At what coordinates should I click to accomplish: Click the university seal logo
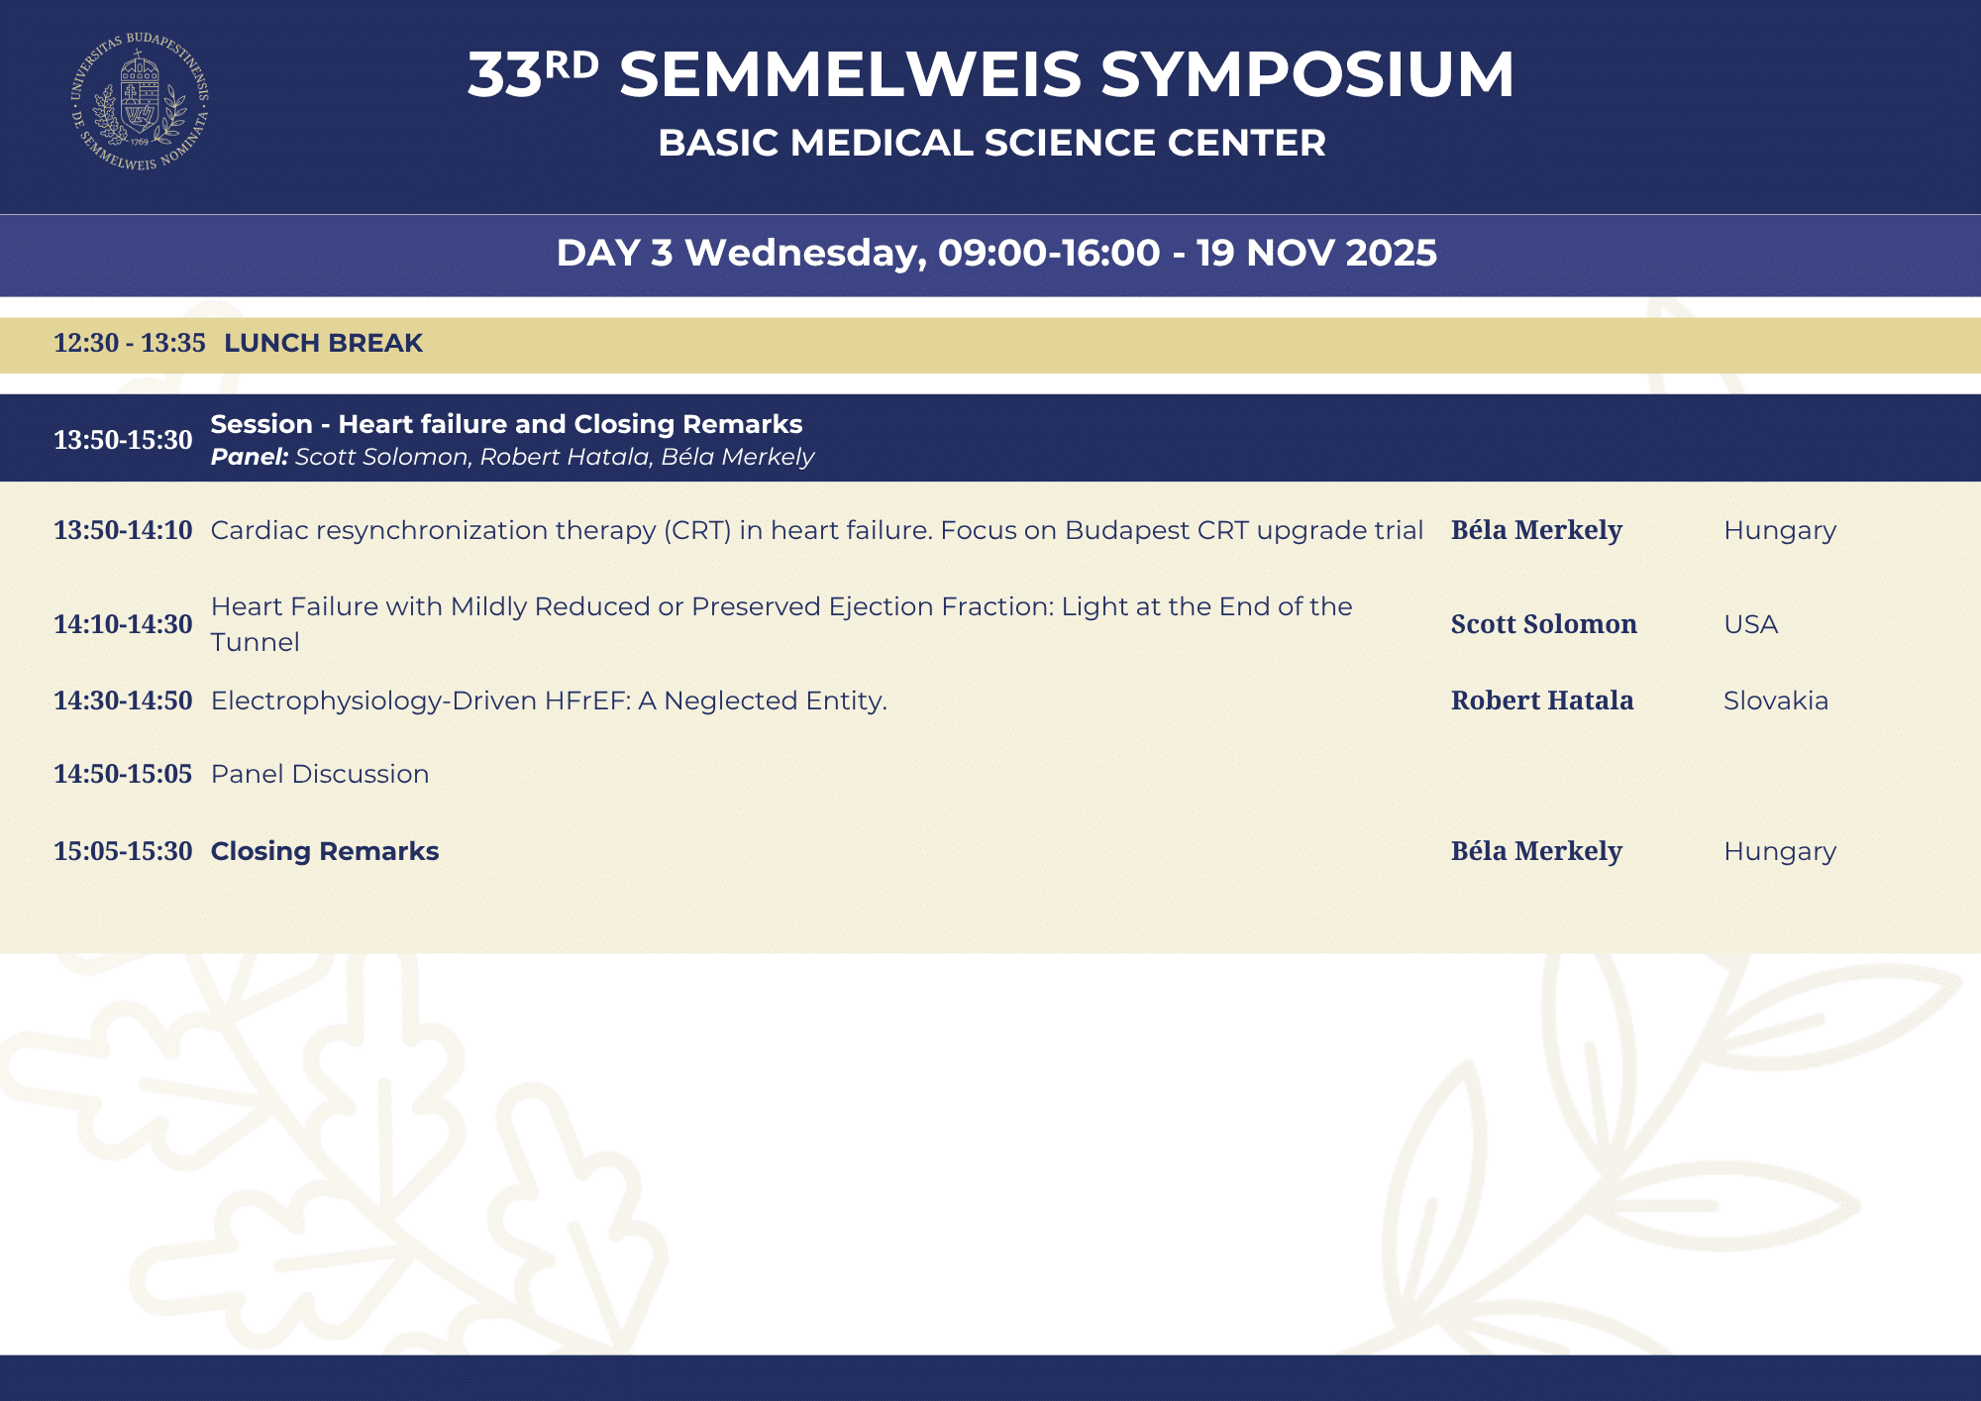point(140,101)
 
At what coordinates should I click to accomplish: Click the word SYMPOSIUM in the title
point(1307,74)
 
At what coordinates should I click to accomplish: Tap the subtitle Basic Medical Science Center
point(991,143)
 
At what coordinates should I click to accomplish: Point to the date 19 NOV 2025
point(1316,253)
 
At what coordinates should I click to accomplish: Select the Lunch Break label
point(323,343)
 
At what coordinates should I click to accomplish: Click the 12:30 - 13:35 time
point(130,343)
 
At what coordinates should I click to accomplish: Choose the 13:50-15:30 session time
point(123,440)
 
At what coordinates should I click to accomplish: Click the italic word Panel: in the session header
point(250,457)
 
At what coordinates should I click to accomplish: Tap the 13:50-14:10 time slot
point(123,530)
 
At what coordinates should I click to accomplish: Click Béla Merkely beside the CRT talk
point(1536,530)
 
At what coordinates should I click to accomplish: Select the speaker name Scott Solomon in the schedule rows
point(1543,624)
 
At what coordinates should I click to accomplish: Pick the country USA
point(1750,624)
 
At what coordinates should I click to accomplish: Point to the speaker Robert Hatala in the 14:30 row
point(1542,700)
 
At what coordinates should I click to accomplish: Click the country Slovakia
point(1776,700)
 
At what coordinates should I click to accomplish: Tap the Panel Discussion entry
point(320,774)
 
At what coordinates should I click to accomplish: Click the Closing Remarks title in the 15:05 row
point(325,851)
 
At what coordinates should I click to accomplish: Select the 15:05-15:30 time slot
point(123,851)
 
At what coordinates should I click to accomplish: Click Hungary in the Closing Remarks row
point(1780,852)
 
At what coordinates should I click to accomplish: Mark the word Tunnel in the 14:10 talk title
point(256,642)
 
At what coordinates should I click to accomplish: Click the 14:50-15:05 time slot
point(123,774)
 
